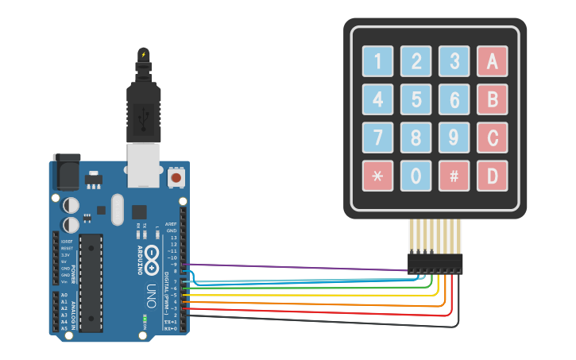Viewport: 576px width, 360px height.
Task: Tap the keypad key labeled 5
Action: pos(416,99)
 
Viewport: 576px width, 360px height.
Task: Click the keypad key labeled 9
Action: pos(454,137)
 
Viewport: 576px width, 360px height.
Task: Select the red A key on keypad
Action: pos(492,60)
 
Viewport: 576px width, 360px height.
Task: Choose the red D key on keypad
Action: pos(492,176)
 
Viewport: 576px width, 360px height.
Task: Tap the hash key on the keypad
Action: pos(454,176)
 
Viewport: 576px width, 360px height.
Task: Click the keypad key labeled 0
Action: pos(416,176)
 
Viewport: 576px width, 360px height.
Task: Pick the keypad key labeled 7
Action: pos(377,137)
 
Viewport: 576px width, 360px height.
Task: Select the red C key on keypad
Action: pos(492,137)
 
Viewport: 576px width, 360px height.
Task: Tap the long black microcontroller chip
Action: pos(92,281)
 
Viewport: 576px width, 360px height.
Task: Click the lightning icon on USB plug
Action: pos(143,54)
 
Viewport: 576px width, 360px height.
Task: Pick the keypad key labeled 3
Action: pos(454,60)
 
